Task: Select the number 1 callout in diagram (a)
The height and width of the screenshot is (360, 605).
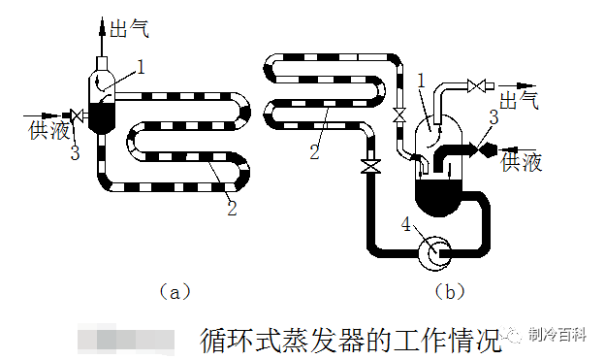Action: point(141,67)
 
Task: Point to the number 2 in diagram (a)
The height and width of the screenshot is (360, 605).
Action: point(231,207)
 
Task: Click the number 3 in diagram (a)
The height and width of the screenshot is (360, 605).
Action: point(74,152)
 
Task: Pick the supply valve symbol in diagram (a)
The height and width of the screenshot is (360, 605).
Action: point(76,117)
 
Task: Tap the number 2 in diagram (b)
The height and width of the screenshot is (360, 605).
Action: point(313,149)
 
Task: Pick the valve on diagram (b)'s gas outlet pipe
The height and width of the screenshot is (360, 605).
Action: point(475,86)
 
